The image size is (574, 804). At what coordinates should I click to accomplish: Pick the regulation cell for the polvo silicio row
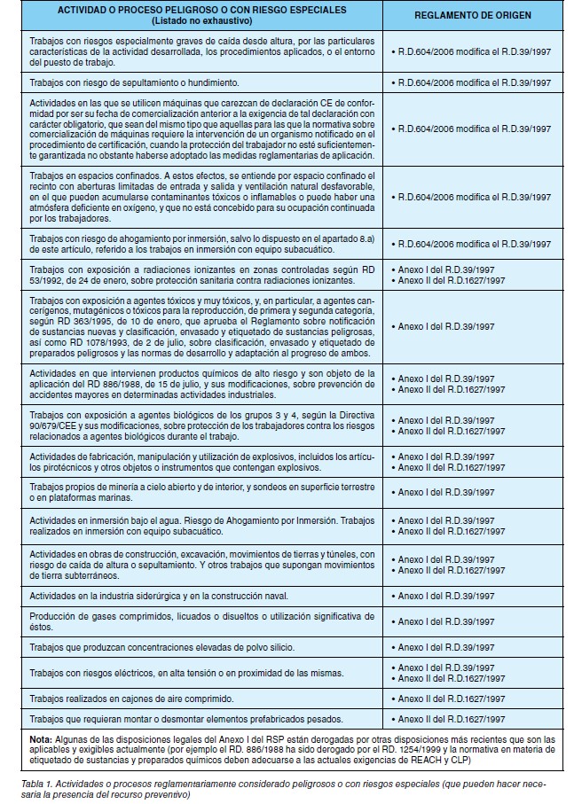click(446, 647)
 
